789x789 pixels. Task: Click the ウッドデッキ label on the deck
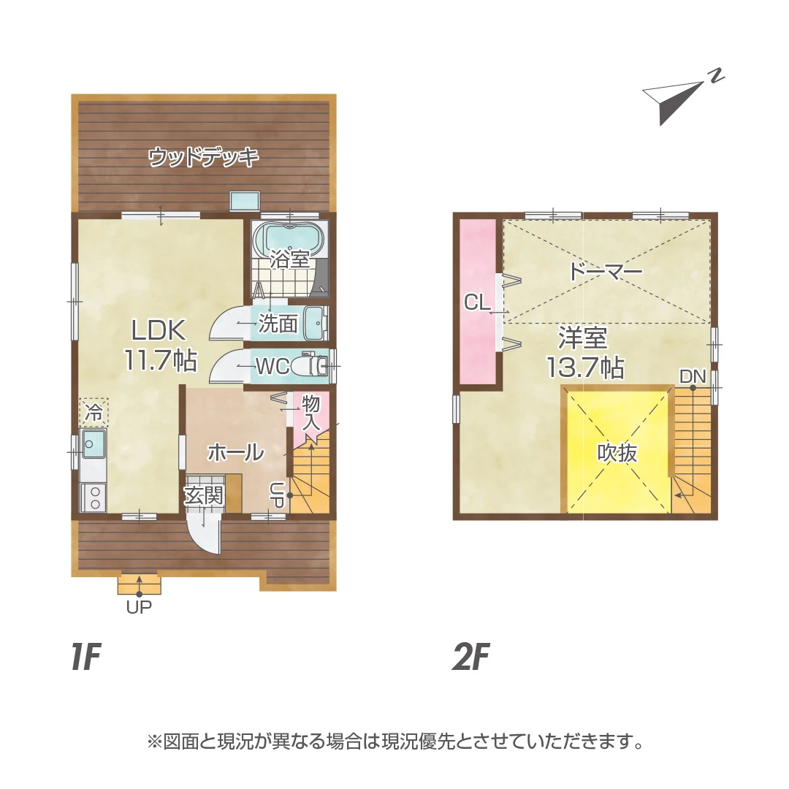pos(204,157)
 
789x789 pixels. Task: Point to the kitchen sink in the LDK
pos(94,444)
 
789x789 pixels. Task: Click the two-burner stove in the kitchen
pos(94,498)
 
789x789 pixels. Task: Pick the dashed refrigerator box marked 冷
pos(94,413)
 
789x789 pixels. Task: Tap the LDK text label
pos(159,330)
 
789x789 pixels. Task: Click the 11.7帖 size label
pos(161,359)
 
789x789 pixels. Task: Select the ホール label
pos(236,453)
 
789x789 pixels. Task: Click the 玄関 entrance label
pos(203,496)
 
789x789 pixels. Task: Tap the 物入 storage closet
pos(310,413)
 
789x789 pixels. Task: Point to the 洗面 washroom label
pos(278,324)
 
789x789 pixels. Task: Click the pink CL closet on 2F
pos(479,302)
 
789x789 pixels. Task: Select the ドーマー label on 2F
pos(606,272)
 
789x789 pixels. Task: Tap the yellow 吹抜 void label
pos(617,453)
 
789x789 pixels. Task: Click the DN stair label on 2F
pos(693,376)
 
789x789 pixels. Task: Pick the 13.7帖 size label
pos(585,367)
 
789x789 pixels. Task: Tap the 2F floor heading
pos(471,657)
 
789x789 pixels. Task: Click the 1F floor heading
pos(86,657)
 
